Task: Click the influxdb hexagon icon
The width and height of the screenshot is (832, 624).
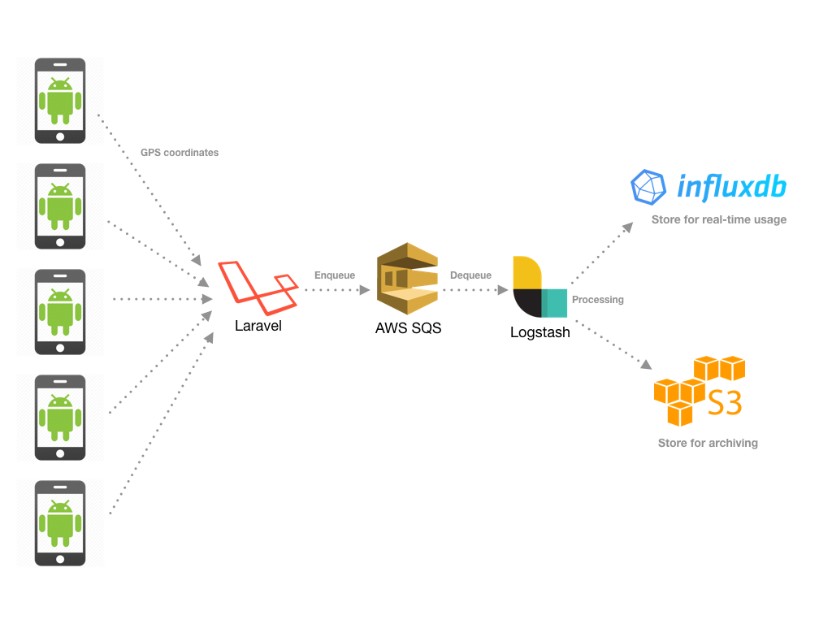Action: tap(648, 187)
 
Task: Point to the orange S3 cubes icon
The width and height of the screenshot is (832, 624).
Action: tap(699, 391)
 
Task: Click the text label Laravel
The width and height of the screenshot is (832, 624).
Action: tap(258, 326)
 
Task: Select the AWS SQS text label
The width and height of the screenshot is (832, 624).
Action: tap(408, 328)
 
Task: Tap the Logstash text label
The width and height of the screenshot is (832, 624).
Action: tap(539, 332)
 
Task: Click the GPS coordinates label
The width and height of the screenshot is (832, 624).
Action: tap(180, 153)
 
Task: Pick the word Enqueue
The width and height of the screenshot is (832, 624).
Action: tap(335, 275)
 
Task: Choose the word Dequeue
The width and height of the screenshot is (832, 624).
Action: tap(470, 275)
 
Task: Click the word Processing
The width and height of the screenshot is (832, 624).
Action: tap(598, 300)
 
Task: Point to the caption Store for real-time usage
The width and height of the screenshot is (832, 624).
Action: tap(718, 219)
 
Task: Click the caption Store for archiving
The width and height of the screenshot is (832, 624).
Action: tap(708, 443)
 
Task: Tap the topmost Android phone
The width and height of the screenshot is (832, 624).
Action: tap(60, 101)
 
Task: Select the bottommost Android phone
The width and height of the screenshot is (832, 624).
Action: tap(60, 523)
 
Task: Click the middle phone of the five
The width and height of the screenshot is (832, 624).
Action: tap(60, 312)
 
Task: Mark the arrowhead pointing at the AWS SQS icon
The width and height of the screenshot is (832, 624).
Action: tap(365, 289)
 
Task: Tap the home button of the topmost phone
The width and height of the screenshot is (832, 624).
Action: tap(60, 136)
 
